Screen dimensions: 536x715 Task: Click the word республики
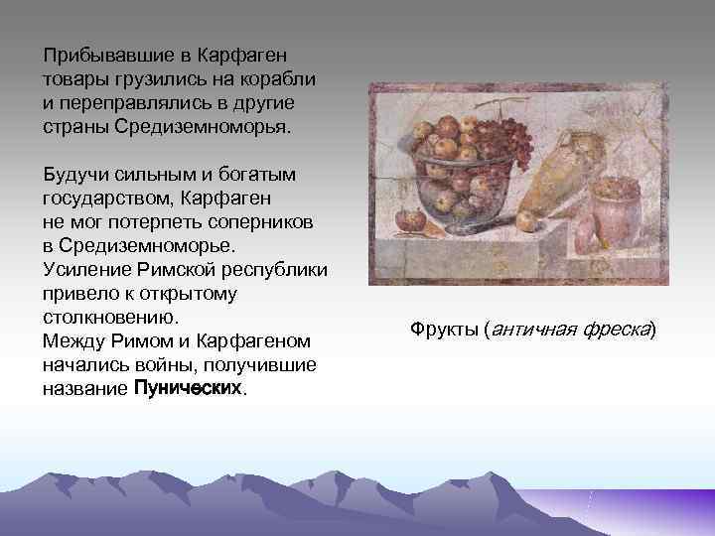279,270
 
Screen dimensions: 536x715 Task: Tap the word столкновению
109,318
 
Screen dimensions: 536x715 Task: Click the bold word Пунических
186,389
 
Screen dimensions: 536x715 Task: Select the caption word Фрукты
444,329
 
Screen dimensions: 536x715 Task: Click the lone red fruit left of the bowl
404,218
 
